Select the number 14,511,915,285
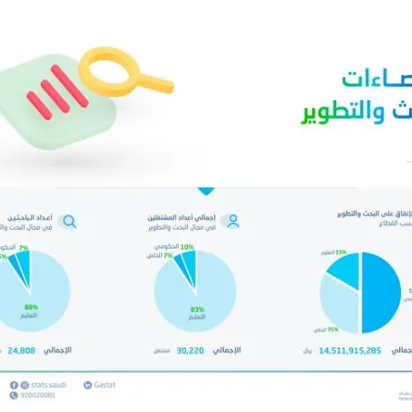(x=349, y=351)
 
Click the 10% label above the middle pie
(x=187, y=247)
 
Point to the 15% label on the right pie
(x=341, y=252)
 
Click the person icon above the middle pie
(x=232, y=221)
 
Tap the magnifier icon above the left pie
(x=68, y=221)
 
